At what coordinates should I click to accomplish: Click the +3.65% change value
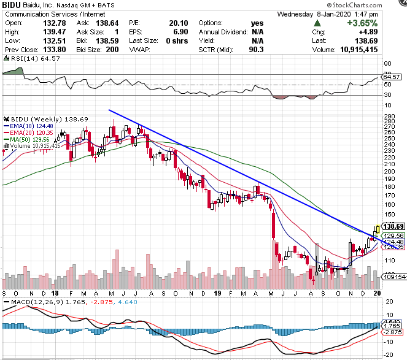coord(384,23)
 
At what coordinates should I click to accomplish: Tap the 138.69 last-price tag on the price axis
coord(392,226)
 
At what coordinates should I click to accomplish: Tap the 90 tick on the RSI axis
coord(387,63)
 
